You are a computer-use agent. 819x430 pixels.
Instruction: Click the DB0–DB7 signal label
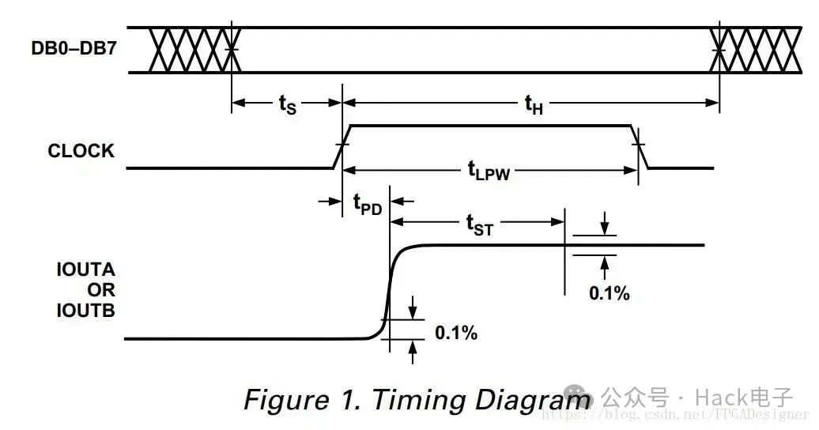74,48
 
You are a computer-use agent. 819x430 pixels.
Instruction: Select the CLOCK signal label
81,150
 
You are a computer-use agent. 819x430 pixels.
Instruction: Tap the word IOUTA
85,270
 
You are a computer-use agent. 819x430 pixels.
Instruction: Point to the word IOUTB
85,311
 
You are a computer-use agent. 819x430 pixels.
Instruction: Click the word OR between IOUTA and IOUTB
101,290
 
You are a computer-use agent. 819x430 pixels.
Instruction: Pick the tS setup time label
287,104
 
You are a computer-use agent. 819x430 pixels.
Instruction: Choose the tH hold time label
534,104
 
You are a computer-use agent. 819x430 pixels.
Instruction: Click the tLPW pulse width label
489,171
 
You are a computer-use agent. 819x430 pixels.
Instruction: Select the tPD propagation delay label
368,204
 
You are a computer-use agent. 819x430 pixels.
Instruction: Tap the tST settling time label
480,224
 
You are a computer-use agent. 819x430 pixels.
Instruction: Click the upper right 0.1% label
609,293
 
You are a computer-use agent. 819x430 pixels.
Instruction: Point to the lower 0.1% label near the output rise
456,332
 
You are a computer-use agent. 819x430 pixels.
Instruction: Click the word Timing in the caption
419,401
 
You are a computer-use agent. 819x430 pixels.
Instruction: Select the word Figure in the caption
287,401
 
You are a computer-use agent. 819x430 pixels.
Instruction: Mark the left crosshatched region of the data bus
194,50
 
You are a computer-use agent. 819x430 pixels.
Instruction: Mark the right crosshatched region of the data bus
755,50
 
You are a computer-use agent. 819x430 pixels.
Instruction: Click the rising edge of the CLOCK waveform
342,147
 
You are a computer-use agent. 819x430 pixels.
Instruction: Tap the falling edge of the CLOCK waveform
640,147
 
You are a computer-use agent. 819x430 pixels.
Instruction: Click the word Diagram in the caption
533,401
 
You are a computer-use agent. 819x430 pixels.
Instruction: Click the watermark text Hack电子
744,398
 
